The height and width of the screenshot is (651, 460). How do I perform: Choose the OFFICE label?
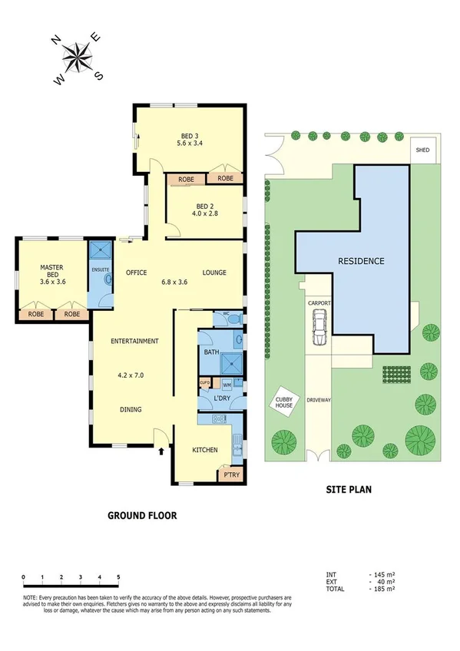136,273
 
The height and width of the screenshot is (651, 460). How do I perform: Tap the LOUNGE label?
213,273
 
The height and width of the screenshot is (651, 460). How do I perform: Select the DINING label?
131,410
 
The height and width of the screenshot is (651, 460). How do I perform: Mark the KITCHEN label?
204,450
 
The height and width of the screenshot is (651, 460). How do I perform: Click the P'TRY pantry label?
230,476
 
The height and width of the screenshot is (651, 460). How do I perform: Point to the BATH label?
212,352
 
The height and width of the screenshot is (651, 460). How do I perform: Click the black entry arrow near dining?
161,450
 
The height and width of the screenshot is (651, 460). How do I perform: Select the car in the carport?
319,332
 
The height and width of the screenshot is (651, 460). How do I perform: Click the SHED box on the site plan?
422,150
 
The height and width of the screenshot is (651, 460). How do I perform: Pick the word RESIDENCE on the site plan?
361,261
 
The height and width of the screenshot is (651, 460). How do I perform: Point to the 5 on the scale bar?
118,576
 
